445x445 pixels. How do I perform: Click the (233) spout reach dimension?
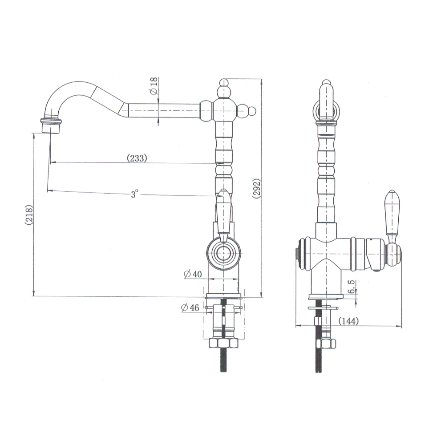coord(137,158)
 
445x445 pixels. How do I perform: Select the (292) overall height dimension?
coord(257,188)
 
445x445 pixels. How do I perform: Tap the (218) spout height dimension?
coord(29,215)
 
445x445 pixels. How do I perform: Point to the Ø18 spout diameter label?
coord(154,86)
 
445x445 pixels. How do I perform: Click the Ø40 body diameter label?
coord(193,274)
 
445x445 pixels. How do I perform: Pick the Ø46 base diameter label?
coord(190,307)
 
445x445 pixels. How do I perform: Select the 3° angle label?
coord(134,194)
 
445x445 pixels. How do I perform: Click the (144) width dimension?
coord(348,321)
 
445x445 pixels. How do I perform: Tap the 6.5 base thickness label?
coord(351,286)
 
